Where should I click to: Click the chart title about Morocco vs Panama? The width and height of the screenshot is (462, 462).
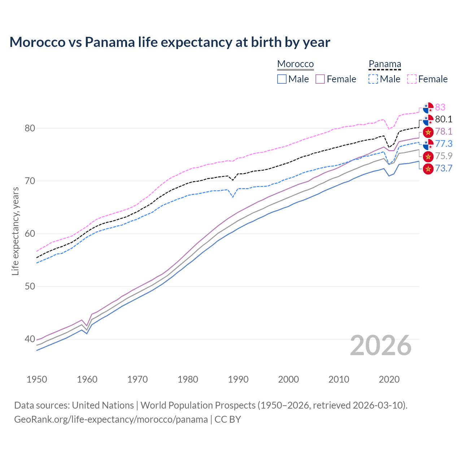[170, 42]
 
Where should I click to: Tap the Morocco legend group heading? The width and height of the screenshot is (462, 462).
[295, 64]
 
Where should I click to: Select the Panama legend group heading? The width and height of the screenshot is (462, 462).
[385, 64]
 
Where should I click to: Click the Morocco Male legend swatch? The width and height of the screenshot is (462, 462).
[282, 79]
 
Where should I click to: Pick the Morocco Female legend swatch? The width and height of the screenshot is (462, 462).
[320, 79]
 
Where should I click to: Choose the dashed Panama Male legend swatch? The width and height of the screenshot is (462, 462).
[373, 79]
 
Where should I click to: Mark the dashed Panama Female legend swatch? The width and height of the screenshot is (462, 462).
[412, 79]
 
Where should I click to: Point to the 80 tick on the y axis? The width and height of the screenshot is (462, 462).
[30, 128]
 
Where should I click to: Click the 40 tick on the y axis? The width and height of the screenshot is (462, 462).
[30, 339]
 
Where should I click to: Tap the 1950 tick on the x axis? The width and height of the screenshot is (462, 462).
[37, 379]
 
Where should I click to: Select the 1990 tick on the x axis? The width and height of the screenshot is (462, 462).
[238, 379]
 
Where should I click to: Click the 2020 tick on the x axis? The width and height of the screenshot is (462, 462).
[389, 379]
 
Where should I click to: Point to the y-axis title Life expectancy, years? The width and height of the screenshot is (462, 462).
[15, 231]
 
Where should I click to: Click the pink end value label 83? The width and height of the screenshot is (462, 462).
[440, 107]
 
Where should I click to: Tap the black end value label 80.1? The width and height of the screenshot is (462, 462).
[444, 119]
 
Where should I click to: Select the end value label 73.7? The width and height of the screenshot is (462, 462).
[444, 169]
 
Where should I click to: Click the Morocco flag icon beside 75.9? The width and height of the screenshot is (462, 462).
[428, 156]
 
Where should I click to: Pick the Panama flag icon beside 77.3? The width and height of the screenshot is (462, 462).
[428, 144]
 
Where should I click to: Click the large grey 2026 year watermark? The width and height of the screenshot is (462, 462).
[381, 345]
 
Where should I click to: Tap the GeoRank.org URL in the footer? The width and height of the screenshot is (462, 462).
[111, 419]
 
